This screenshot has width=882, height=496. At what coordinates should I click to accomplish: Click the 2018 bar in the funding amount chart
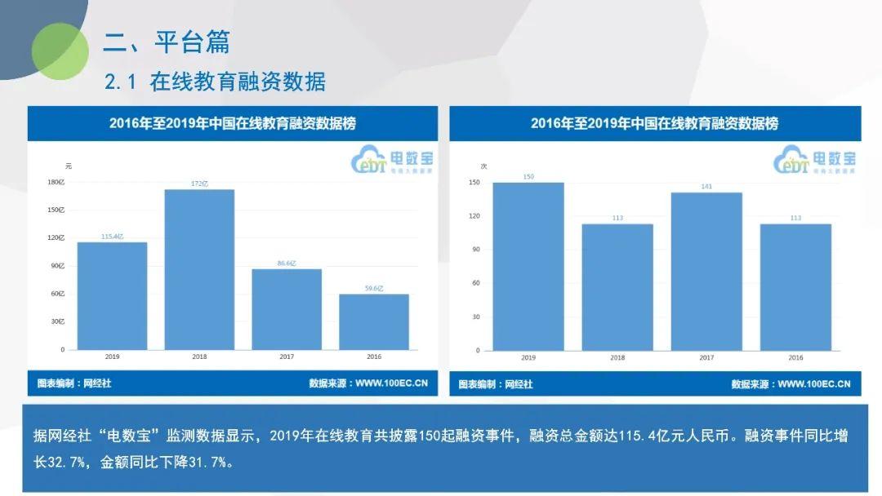(x=199, y=269)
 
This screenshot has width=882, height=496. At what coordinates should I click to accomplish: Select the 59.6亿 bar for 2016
(x=374, y=321)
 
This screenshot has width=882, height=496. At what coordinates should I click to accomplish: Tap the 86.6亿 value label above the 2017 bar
(x=287, y=263)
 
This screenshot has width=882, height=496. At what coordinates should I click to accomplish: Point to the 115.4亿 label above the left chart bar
(x=112, y=237)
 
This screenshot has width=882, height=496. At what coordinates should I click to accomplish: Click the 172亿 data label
(x=199, y=184)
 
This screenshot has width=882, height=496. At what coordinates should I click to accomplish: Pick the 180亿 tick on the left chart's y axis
(x=56, y=182)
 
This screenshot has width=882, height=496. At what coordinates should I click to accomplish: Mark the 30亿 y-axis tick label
(x=58, y=321)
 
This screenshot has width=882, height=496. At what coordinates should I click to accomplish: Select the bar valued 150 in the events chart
(x=528, y=266)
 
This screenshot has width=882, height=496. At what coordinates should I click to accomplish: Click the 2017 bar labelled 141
(x=706, y=271)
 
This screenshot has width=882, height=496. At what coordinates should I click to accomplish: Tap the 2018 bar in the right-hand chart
(x=617, y=287)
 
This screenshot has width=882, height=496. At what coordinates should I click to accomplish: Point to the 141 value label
(x=706, y=187)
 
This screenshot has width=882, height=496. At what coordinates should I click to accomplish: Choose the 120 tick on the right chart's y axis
(x=474, y=216)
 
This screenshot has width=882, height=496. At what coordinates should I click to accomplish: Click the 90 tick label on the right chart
(x=476, y=250)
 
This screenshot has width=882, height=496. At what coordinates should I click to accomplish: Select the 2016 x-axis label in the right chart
(x=795, y=358)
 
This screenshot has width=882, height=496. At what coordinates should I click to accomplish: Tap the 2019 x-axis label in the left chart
(x=112, y=356)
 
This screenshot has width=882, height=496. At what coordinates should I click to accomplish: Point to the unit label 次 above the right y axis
(x=483, y=166)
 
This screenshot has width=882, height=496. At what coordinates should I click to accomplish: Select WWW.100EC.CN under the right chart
(x=813, y=383)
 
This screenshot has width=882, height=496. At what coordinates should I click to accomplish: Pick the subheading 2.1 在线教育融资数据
(x=216, y=82)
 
